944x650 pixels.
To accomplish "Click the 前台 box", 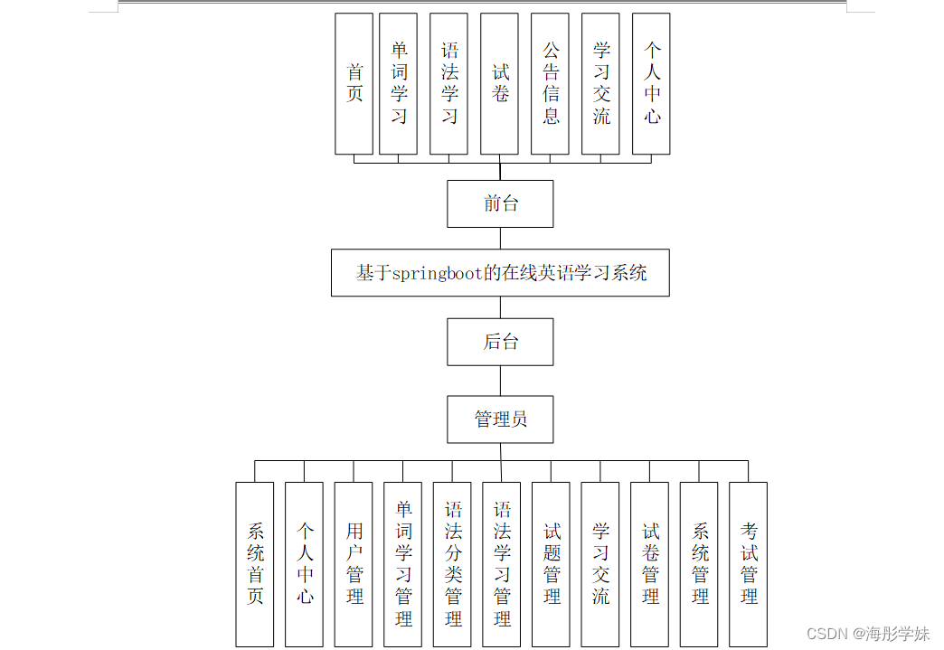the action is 500,203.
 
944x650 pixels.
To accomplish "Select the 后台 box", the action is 500,342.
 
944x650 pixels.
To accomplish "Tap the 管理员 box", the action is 500,419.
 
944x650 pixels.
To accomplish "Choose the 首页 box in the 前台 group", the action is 354,83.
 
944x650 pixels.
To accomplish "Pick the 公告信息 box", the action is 550,83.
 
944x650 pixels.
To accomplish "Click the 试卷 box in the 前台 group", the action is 499,83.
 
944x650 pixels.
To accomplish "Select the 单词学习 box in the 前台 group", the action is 398,83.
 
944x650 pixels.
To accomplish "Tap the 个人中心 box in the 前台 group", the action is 651,83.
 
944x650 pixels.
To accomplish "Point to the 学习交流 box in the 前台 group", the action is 600,83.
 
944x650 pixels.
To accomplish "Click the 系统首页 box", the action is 255,564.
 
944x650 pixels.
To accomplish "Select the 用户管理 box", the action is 354,564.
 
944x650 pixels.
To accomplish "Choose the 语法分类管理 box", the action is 452,564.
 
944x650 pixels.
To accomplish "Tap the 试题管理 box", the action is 551,564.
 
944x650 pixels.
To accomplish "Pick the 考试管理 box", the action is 748,564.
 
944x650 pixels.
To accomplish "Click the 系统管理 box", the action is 699,564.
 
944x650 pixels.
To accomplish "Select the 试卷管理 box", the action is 649,564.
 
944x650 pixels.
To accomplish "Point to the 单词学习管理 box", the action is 402,564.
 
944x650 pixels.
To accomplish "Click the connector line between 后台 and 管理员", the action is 500,381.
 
